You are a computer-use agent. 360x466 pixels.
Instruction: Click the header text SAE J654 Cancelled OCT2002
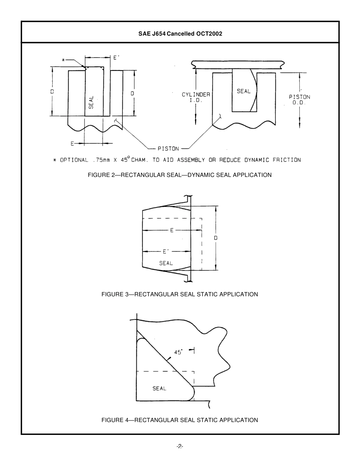coord(180,33)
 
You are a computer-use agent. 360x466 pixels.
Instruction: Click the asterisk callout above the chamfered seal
coord(64,59)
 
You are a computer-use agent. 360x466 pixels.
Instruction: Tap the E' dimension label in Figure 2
coord(117,58)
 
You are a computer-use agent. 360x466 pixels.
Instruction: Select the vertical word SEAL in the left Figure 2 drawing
coord(91,102)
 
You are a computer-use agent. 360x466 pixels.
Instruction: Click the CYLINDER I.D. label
coord(196,98)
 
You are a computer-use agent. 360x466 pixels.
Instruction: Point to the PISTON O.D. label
coord(299,100)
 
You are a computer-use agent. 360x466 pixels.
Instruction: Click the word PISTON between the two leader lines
coord(168,149)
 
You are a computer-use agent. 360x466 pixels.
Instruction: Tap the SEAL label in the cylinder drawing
coord(243,91)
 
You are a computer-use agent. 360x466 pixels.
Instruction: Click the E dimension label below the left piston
coord(72,143)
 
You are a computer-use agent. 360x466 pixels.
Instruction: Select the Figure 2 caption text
coord(180,175)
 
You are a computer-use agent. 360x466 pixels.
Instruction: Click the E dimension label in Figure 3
coord(172,230)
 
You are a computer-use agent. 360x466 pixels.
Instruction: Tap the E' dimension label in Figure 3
coord(165,251)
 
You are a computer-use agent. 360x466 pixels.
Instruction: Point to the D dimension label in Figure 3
coord(216,238)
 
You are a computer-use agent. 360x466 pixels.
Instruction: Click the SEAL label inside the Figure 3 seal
coord(166,263)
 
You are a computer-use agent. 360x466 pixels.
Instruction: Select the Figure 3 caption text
coord(180,294)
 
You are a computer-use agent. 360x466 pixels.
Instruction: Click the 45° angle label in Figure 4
coord(178,352)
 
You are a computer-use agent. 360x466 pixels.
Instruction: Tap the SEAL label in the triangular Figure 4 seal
coord(159,388)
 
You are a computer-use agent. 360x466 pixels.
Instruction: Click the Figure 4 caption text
coord(180,420)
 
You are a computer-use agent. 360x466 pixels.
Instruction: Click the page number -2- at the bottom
coord(180,447)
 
